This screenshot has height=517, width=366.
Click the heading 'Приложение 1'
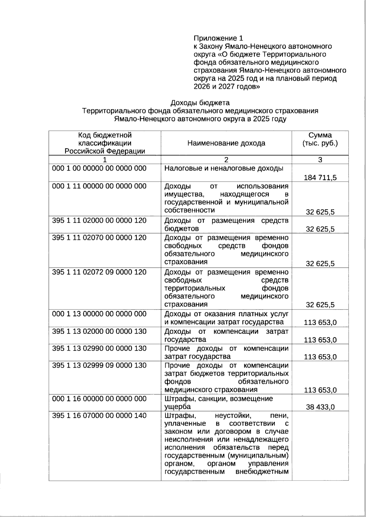(218, 38)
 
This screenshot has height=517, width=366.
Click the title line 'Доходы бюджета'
(200, 103)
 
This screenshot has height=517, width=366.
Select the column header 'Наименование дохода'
(226, 143)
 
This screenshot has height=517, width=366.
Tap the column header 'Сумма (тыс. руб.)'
(320, 139)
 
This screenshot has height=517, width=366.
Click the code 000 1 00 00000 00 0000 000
(99, 168)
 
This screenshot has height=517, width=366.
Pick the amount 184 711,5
(320, 178)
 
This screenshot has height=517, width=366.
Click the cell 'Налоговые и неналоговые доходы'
(224, 168)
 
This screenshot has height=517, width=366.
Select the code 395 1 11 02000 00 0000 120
(99, 221)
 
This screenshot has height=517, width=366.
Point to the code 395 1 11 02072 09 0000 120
(99, 272)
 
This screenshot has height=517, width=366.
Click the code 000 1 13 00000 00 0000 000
(99, 314)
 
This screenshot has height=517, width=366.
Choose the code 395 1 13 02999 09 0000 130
(99, 365)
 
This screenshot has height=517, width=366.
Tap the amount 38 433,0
(320, 407)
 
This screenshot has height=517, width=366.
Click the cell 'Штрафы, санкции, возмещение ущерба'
(218, 402)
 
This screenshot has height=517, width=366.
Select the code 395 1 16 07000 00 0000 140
(99, 416)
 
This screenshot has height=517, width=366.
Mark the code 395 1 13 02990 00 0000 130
(99, 348)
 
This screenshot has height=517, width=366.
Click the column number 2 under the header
(226, 160)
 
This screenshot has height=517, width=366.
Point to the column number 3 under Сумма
(320, 160)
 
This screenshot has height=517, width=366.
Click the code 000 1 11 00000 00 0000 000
(99, 186)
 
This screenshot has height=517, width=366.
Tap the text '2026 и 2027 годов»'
(227, 87)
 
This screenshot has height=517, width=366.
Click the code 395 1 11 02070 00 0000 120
(99, 238)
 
